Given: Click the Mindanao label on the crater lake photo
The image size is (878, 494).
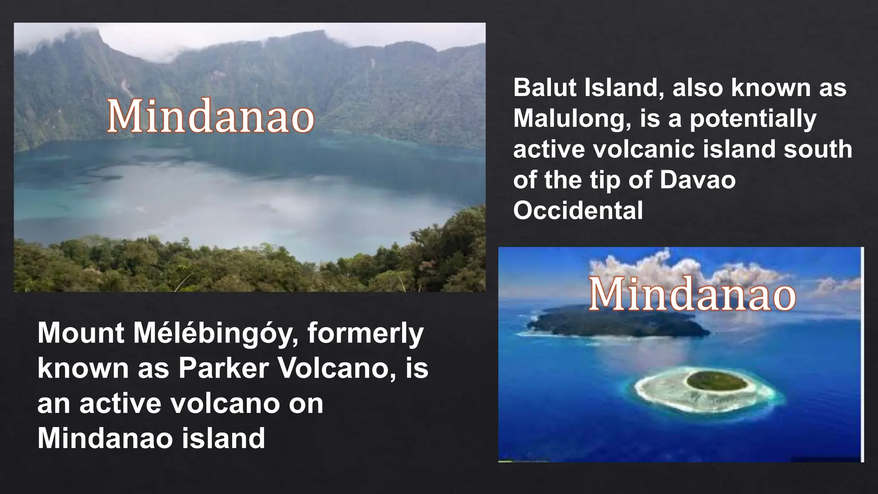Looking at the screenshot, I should point(210,116).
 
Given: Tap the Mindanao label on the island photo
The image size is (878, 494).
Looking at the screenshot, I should point(692,294).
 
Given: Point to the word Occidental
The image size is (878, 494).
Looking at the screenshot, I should point(578,211).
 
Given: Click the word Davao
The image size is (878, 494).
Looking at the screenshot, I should point(697,180).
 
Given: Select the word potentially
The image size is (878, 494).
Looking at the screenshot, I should point(753,119).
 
